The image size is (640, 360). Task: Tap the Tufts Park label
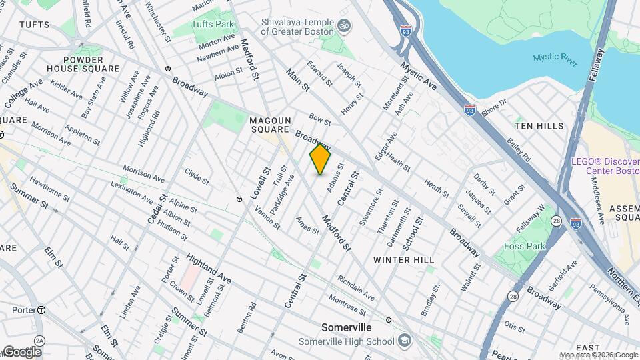213,24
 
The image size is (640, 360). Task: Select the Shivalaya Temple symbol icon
344,26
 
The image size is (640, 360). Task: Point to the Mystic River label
555,58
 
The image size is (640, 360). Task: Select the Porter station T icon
41,309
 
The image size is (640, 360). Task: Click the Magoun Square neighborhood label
269,125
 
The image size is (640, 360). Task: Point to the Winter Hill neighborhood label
403,259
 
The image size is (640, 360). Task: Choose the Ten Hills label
539,125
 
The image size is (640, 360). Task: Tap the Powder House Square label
83,63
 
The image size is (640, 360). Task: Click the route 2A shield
39,341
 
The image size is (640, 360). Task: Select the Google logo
21,351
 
